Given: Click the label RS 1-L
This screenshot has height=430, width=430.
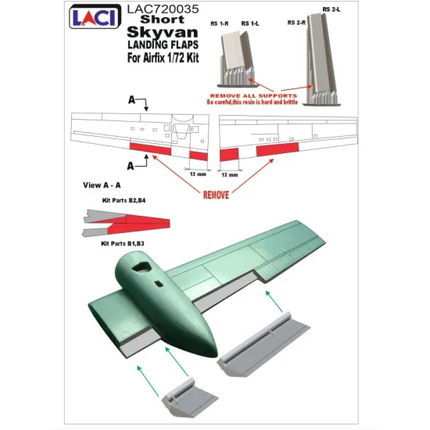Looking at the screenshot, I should pos(251,23).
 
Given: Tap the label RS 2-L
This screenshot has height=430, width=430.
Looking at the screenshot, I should pos(331,9).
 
